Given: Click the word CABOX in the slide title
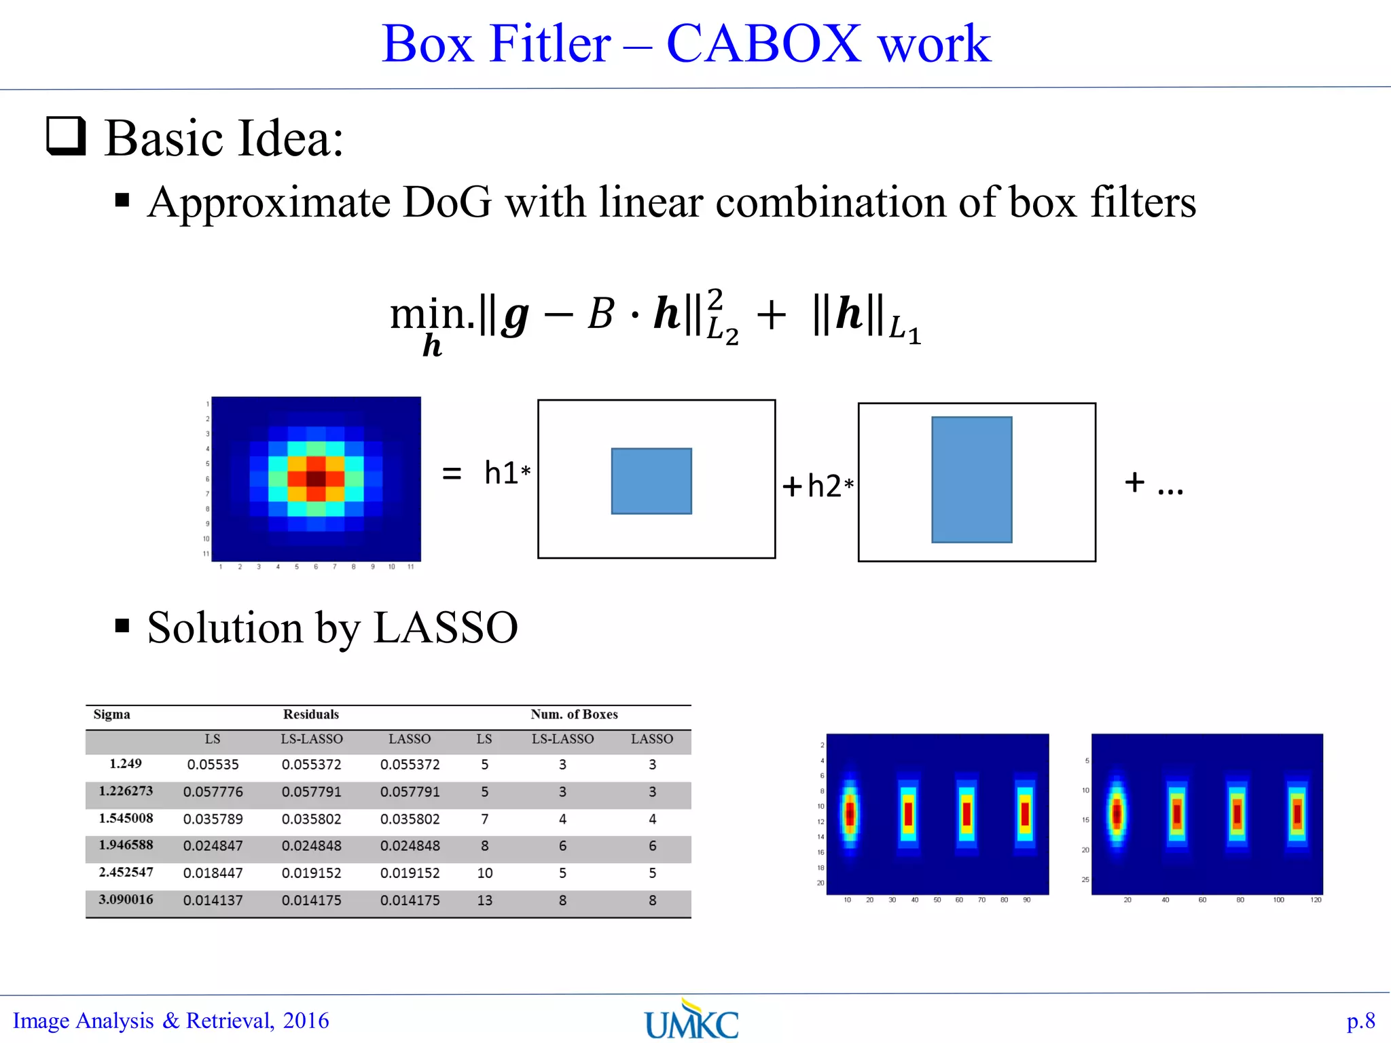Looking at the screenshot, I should pos(763,44).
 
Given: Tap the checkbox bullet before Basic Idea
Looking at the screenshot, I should pos(67,136).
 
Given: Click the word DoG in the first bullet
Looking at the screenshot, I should pos(446,202).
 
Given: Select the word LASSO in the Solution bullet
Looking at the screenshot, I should pos(446,627).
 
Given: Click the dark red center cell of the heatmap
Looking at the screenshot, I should pos(316,478).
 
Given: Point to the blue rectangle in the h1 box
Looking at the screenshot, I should pos(651,481).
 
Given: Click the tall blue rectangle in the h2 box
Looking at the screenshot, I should pos(971,479).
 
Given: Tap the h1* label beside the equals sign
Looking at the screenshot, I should pos(507,473).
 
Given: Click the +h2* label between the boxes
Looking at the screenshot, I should pos(818,486).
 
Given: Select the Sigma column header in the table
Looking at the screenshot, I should pos(112,714).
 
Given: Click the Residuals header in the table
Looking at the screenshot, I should pos(311,714).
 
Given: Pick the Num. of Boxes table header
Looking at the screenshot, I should pos(574,714).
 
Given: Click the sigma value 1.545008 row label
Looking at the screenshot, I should pos(126,818).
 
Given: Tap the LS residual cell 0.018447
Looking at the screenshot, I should pos(213,873).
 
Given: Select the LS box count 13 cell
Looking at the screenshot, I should pos(484,900).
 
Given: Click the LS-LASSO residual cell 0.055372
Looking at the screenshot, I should pos(312,765).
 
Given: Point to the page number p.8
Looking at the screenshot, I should pos(1360,1021).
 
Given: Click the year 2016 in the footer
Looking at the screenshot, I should pos(306,1021).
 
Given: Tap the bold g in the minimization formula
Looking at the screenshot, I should pos(516,316).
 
